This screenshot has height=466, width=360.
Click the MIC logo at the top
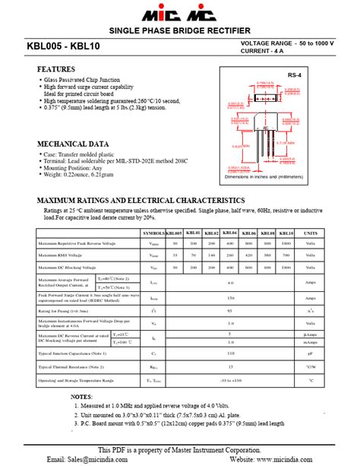pyautogui.click(x=179, y=13)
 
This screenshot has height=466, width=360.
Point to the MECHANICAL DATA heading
pyautogui.click(x=73, y=143)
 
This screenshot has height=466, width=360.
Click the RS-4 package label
pyautogui.click(x=294, y=75)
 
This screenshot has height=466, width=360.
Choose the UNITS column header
pyautogui.click(x=311, y=233)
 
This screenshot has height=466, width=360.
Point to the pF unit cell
pyautogui.click(x=311, y=353)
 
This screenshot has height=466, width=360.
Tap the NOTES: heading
pyautogui.click(x=81, y=397)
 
